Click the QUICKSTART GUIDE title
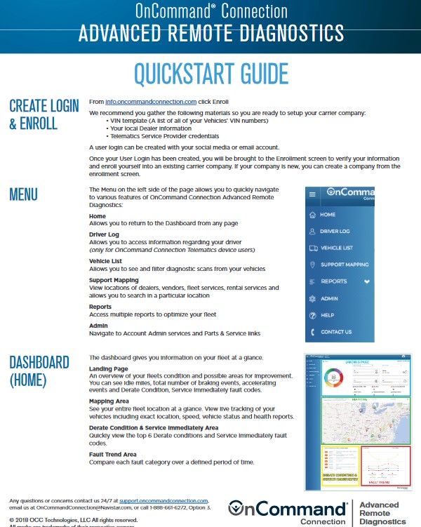[x=210, y=74]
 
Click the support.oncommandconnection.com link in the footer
[x=168, y=500]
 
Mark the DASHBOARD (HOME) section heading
[x=39, y=371]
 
